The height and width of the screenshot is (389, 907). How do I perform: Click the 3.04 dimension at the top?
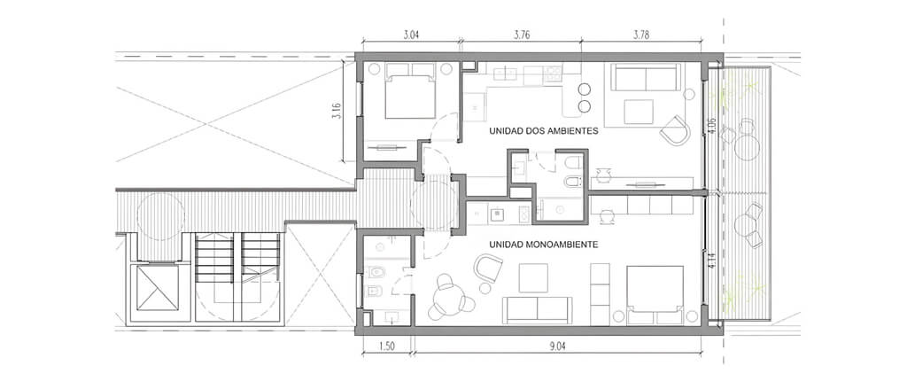411,35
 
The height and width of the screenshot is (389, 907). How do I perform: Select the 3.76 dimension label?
523,35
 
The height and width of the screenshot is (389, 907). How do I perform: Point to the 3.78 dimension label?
641,35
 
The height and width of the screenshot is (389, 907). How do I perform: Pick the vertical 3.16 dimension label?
337,111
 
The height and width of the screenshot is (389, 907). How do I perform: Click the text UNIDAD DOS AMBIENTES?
543,131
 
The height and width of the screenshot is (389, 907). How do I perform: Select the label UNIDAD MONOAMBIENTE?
543,245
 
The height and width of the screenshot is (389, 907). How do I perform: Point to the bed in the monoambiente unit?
655,295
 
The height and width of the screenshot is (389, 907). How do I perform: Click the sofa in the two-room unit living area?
646,77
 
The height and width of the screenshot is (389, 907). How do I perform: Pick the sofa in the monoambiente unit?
537,310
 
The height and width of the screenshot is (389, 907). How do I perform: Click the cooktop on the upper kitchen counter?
553,73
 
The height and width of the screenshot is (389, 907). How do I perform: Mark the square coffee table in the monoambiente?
532,278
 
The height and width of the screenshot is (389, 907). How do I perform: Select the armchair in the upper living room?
675,130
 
